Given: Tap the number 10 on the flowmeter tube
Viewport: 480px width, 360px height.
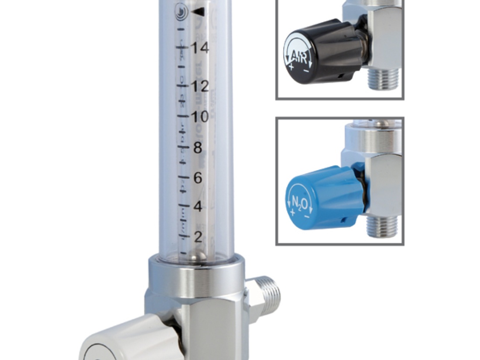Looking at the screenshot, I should tap(200, 117).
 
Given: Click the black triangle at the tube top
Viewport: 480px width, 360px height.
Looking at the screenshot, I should tap(199, 11).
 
